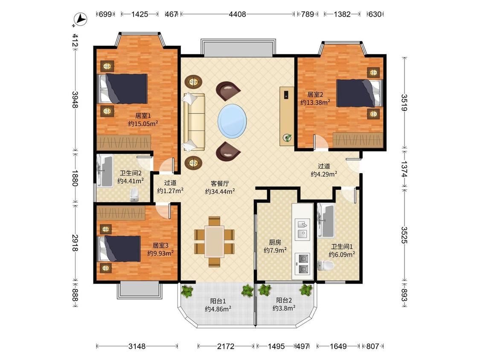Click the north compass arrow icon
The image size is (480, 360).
(x=81, y=19)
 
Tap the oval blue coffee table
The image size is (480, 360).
(x=232, y=121)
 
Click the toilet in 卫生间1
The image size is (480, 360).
(x=325, y=265)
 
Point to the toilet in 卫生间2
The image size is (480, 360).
(x=134, y=195)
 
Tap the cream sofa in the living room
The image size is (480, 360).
(x=194, y=122)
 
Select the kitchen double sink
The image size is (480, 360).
(x=303, y=229)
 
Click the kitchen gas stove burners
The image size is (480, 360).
(x=303, y=263)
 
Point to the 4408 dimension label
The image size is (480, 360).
(x=237, y=14)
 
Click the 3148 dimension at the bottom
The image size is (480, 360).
(x=137, y=346)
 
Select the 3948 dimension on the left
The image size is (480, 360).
(x=75, y=99)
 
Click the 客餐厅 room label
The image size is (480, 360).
(x=220, y=184)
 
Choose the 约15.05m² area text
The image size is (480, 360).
(x=143, y=124)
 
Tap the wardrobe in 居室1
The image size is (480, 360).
(x=124, y=142)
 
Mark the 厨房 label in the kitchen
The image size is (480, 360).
(x=275, y=242)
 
